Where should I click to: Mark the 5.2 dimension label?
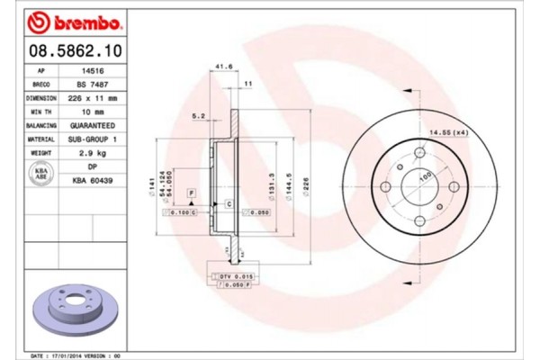[x=200, y=115]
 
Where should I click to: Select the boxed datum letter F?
[x=191, y=193]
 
